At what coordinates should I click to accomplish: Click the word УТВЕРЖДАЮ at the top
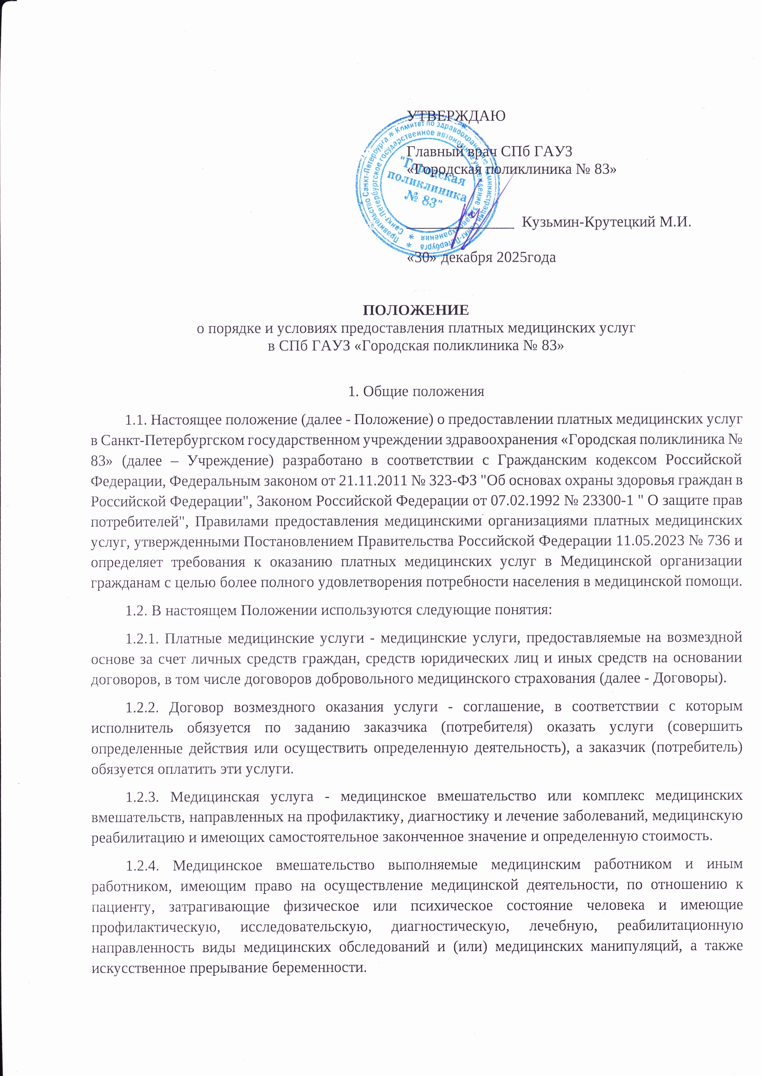point(456,115)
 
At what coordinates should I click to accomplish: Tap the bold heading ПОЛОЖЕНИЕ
point(416,310)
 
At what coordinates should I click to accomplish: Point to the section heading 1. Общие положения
point(416,391)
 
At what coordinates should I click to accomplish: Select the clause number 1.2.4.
point(143,865)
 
